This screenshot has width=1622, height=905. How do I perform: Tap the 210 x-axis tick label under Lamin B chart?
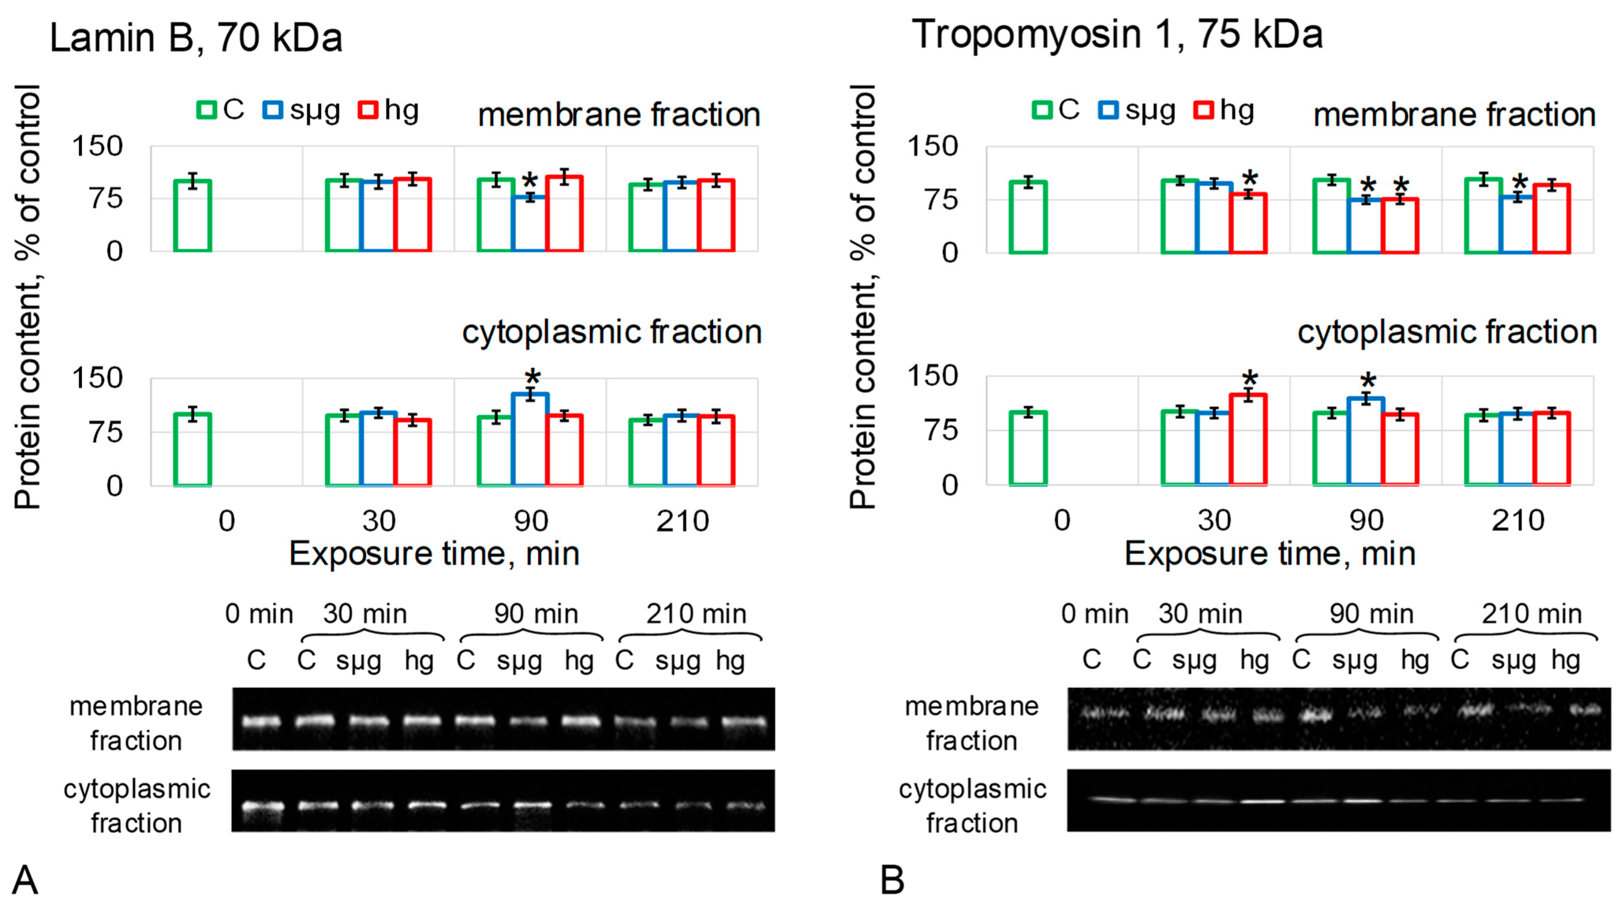(682, 521)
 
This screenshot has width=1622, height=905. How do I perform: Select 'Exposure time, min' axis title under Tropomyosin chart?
(1269, 554)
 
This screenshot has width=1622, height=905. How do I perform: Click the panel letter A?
(25, 879)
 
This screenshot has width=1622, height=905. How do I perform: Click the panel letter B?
(892, 879)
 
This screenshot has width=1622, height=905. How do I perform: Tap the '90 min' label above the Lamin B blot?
(536, 614)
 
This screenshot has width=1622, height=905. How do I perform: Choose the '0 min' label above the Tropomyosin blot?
(1094, 614)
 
